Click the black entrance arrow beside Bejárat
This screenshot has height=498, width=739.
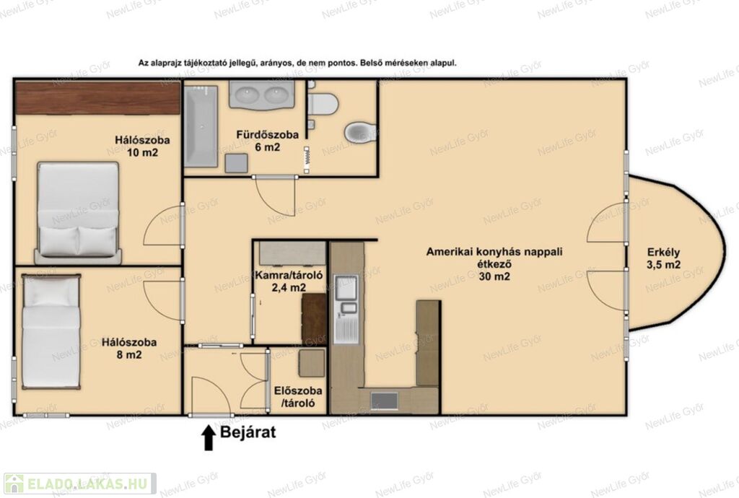pos(209,437)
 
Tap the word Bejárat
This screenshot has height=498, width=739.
pos(248,432)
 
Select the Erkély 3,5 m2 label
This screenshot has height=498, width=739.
pos(664,258)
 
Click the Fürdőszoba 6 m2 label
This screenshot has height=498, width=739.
pos(267,141)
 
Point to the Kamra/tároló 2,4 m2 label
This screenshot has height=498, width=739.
pos(289,281)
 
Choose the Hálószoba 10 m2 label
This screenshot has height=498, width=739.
pos(142,146)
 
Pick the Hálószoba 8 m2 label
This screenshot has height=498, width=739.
pos(129,348)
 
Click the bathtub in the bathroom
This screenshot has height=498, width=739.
pos(201,126)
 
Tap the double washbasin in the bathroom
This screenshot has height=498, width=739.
pos(262,94)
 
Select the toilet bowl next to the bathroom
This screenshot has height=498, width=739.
pos(360,132)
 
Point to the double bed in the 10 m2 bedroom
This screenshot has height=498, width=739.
pos(78,212)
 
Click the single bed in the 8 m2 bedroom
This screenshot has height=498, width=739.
pos(51,332)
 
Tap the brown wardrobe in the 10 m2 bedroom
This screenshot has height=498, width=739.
pos(98,97)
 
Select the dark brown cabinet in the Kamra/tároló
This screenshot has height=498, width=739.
pos(313,318)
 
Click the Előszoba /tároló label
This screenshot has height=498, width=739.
pos(298,397)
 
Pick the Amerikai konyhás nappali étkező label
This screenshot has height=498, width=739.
pos(494,264)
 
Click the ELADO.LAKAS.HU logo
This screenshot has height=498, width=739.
pos(79,484)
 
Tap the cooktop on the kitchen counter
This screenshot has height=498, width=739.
pos(384,401)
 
